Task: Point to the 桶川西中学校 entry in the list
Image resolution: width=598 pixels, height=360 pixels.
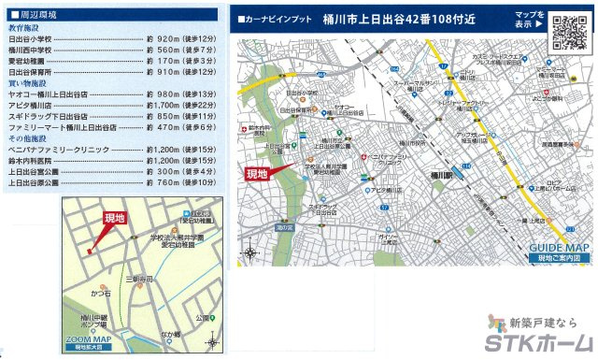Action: coord(33,50)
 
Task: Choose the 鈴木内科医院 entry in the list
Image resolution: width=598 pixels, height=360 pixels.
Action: coord(33,160)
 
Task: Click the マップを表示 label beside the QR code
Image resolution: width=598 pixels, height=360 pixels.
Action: coord(529,21)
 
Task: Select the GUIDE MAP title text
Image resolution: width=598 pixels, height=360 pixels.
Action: coord(559,248)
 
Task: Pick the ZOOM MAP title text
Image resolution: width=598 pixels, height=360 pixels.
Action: coord(90,339)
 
